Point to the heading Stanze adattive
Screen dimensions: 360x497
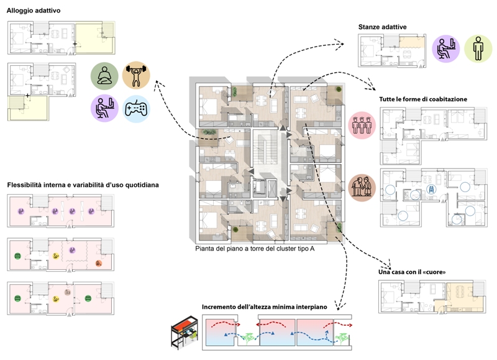pos(382,27)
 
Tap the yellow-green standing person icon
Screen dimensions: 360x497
pos(478,48)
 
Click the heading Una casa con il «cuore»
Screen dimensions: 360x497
pos(412,272)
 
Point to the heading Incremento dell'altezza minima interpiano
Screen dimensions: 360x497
pos(268,308)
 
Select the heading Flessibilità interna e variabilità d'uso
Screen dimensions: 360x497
pos(83,185)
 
